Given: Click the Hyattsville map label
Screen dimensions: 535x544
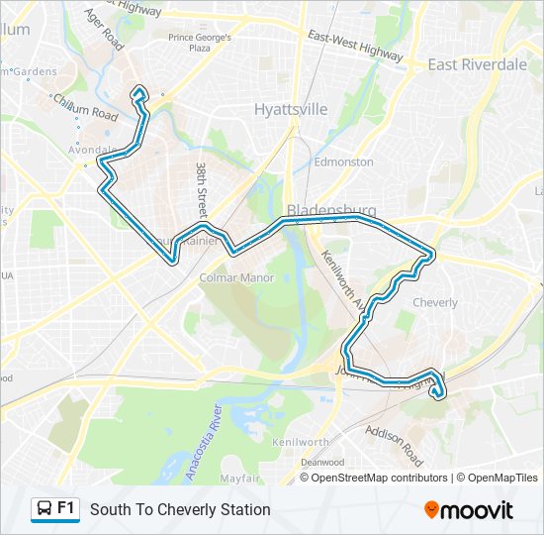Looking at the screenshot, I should click(x=290, y=110).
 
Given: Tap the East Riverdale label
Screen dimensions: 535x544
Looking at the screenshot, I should click(x=477, y=64).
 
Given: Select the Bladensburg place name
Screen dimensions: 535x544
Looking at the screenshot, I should click(x=331, y=210).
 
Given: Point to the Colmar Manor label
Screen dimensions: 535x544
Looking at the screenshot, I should click(x=236, y=278).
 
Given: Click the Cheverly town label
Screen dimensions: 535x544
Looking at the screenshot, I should click(x=435, y=302).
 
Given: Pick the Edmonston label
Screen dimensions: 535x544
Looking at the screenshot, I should click(x=343, y=161).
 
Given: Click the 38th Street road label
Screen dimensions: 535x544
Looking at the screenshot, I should click(x=201, y=190).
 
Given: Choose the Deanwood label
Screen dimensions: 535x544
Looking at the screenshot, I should click(x=322, y=463).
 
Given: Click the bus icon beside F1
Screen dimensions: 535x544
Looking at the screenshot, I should click(x=45, y=509).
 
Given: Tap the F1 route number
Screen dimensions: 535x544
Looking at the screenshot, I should click(x=66, y=508).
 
